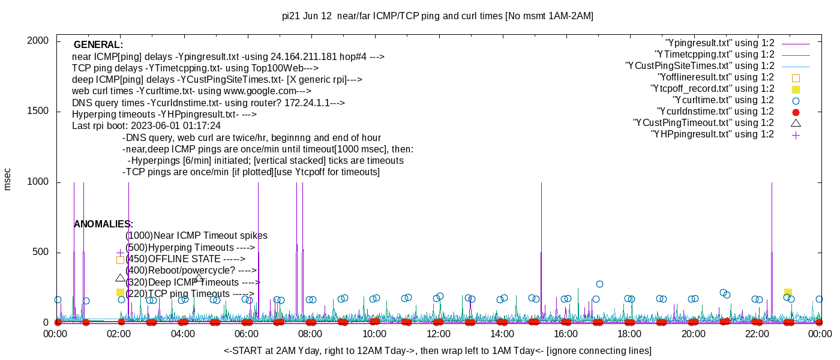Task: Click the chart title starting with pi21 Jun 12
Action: pos(437,16)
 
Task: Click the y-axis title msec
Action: pos(8,179)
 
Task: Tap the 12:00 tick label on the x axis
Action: pos(438,334)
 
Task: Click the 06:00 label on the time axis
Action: pos(247,334)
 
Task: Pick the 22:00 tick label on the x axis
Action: pos(757,334)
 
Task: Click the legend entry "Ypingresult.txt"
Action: pos(719,43)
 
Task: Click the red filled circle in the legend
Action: pos(796,112)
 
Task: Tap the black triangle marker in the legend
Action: pos(796,123)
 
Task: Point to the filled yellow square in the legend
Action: pos(796,89)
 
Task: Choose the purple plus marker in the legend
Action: pos(796,135)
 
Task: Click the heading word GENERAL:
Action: pos(98,45)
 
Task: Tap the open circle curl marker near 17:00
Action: pos(599,284)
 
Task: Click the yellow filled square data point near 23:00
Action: pos(788,292)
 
